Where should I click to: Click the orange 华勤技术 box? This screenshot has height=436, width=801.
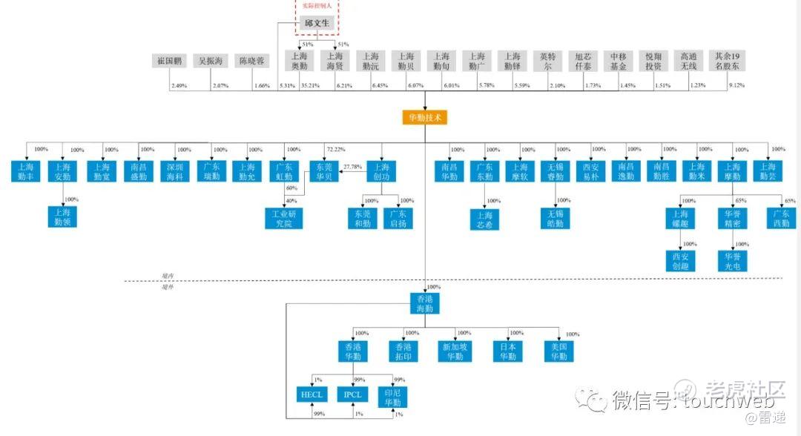425,118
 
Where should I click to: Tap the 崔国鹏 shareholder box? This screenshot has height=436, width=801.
170,61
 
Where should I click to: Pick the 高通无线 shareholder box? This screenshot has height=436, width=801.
688,61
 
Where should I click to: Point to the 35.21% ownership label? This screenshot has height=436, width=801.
310,86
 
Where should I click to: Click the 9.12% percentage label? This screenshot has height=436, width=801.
736,86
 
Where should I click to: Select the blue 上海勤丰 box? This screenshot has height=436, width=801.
26,172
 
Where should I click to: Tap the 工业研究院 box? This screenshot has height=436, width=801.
284,218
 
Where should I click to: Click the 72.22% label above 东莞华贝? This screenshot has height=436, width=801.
336,150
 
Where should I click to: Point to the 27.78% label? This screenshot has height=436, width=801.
353,167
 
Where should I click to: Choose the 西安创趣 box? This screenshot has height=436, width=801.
682,261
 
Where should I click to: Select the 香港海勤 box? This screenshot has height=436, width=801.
425,303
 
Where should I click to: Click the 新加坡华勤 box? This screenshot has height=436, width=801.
455,351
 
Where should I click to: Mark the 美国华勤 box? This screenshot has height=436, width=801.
554,351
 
